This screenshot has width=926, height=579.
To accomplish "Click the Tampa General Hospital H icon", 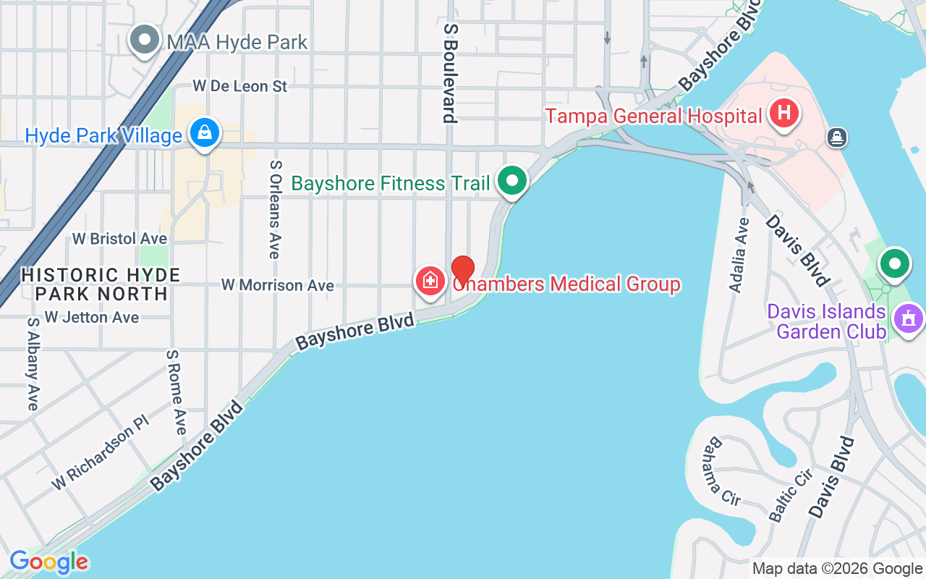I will tap(783, 114).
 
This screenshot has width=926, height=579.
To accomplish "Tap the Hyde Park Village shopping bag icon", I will tap(205, 133).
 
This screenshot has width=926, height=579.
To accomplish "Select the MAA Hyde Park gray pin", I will tap(145, 40).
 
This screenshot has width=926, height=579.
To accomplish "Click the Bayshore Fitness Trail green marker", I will tap(513, 181).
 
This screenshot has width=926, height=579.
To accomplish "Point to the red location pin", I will tap(463, 271).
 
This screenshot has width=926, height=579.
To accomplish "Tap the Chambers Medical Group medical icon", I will tap(430, 280).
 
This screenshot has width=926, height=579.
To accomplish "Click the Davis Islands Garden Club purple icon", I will tap(909, 318).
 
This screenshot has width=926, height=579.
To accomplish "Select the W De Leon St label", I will tap(240, 86).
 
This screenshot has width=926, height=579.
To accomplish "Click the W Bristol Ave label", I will tap(119, 238).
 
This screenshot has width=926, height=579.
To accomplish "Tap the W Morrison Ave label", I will tap(278, 285).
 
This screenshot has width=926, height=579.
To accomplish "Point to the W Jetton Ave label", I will tap(91, 317).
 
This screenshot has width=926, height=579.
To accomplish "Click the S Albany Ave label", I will tap(33, 363).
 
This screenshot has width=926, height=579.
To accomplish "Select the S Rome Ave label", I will tap(176, 392).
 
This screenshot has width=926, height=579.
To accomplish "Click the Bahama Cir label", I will tap(723, 470).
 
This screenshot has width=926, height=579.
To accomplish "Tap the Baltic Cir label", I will tap(791, 495).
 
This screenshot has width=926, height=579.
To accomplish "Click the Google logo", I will tap(49, 562).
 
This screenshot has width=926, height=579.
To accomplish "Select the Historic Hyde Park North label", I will tap(101, 284).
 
